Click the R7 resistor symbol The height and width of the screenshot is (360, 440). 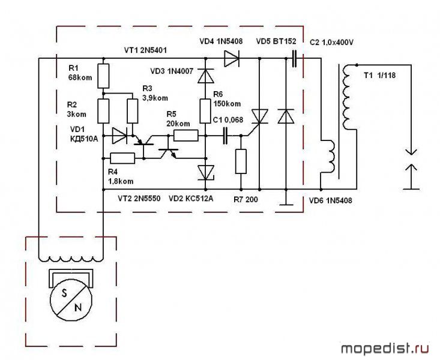241,161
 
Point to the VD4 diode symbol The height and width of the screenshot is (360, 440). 231,58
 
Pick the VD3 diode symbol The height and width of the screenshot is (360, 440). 206,76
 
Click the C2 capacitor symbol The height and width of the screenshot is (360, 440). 295,58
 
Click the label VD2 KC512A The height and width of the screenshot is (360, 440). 194,197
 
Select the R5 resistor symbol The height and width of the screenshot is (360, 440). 185,136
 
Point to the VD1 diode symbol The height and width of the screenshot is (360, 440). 120,136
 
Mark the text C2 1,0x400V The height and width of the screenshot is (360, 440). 340,42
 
